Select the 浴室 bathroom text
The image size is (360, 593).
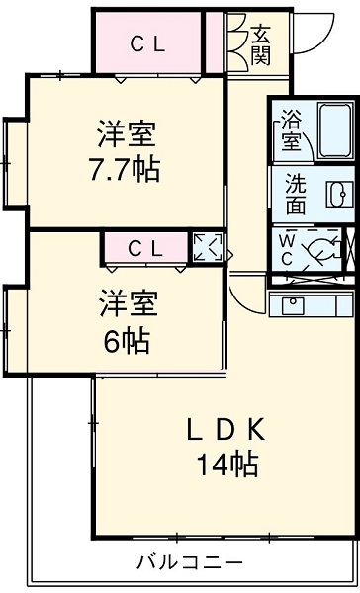tap(291, 129)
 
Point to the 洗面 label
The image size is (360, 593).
tap(296, 193)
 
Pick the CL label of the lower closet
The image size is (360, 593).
tap(144, 249)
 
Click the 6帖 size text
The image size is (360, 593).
tap(126, 341)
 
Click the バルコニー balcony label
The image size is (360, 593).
tap(190, 561)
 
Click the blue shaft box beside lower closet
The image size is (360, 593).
tap(208, 248)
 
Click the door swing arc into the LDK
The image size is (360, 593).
tap(247, 293)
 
